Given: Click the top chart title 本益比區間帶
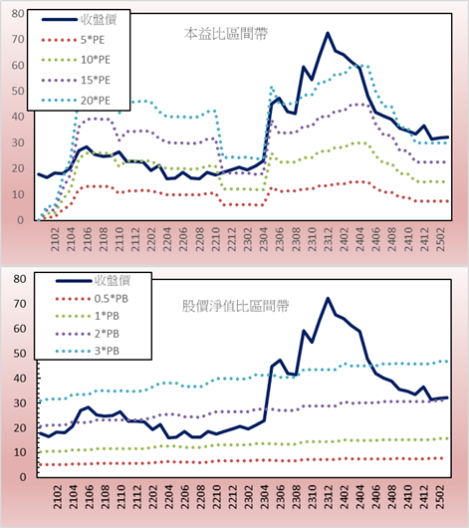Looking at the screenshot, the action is pos(226,34).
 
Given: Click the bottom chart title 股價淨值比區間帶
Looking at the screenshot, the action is pos(235,306).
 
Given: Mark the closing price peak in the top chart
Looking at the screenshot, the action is pos(328,33).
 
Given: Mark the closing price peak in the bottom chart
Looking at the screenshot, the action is pos(328,298).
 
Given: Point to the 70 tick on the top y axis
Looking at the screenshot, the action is pos(18,40).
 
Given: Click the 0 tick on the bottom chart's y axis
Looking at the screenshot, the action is pos(23,477).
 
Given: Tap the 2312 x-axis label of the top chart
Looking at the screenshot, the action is pos(329,239).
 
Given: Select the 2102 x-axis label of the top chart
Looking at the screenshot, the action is pos(55,239).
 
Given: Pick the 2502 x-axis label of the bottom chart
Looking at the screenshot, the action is pos(440,497).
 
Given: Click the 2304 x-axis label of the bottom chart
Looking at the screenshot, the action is pos(265,497).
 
